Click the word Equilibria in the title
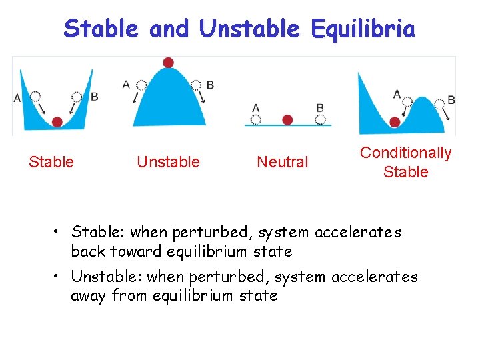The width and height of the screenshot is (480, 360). (x=363, y=29)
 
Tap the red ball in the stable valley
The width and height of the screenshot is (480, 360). (x=57, y=121)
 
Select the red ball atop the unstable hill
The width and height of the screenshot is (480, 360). (x=168, y=62)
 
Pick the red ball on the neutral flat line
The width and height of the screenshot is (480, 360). (x=287, y=120)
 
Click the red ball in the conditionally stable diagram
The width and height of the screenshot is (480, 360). (x=395, y=121)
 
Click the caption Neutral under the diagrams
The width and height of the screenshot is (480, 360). (x=283, y=162)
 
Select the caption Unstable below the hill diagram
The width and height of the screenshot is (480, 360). (x=168, y=162)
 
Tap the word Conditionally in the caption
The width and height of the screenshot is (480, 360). (x=405, y=153)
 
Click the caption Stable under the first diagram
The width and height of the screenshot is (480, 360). (x=51, y=162)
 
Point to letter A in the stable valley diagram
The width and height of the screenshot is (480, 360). (x=17, y=99)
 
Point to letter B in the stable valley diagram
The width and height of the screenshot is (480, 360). (x=94, y=97)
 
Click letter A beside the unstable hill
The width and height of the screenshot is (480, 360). (x=126, y=84)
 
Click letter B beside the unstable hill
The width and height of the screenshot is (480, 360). (x=210, y=85)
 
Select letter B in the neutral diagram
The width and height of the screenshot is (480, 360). (x=320, y=107)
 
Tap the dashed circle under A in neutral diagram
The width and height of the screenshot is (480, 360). (x=256, y=120)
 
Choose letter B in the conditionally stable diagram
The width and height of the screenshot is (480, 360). (x=451, y=100)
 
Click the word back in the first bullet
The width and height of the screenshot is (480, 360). (x=89, y=251)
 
